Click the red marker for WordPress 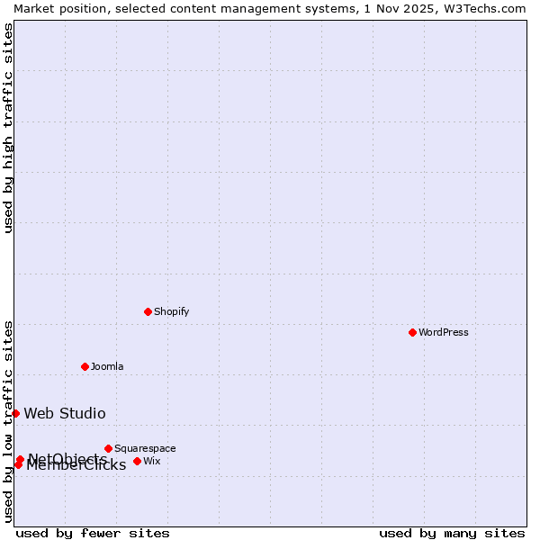point(412,332)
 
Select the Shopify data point point(148,311)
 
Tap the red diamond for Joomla point(85,366)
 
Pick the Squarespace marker point(108,448)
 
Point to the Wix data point point(137,461)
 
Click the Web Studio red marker point(15,413)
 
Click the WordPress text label point(444,332)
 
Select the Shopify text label point(171,311)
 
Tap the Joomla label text point(107,366)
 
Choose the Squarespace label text point(145,448)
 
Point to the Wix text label point(151,461)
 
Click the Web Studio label point(65,414)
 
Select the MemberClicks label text point(76,466)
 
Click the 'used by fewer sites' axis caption point(93,533)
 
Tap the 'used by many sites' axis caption point(452,533)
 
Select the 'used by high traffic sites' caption point(8,128)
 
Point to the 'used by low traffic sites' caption point(8,421)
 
